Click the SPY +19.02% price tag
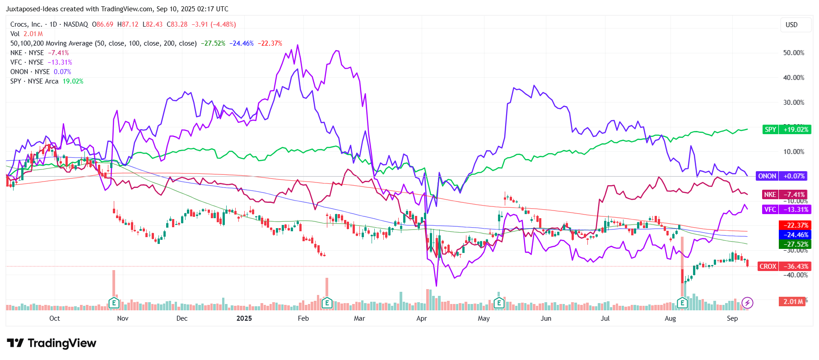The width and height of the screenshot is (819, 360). point(786,130)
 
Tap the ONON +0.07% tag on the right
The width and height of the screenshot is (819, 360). point(781,176)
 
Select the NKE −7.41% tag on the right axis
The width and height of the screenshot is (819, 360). point(785,195)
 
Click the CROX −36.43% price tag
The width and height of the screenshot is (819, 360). point(783,266)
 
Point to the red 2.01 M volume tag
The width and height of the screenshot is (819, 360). point(792,301)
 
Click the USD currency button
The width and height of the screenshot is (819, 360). point(791,25)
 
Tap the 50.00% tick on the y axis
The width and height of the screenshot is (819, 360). point(793,53)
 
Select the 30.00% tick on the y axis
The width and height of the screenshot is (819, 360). point(793,103)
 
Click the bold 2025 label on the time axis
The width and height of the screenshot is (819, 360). point(244,318)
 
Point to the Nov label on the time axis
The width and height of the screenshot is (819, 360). point(123,318)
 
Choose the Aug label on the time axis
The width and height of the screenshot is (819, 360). point(670,318)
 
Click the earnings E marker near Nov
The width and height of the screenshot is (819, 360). point(114,303)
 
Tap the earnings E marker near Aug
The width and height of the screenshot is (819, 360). point(682,303)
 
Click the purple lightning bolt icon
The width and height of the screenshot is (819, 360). point(747,303)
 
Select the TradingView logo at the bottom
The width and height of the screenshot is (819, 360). point(51,343)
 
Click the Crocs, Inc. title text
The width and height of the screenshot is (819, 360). point(26,24)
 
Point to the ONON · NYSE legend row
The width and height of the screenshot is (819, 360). point(30,72)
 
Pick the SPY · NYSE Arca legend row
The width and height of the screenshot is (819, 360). point(34,81)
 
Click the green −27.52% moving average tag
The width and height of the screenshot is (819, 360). point(795,244)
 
